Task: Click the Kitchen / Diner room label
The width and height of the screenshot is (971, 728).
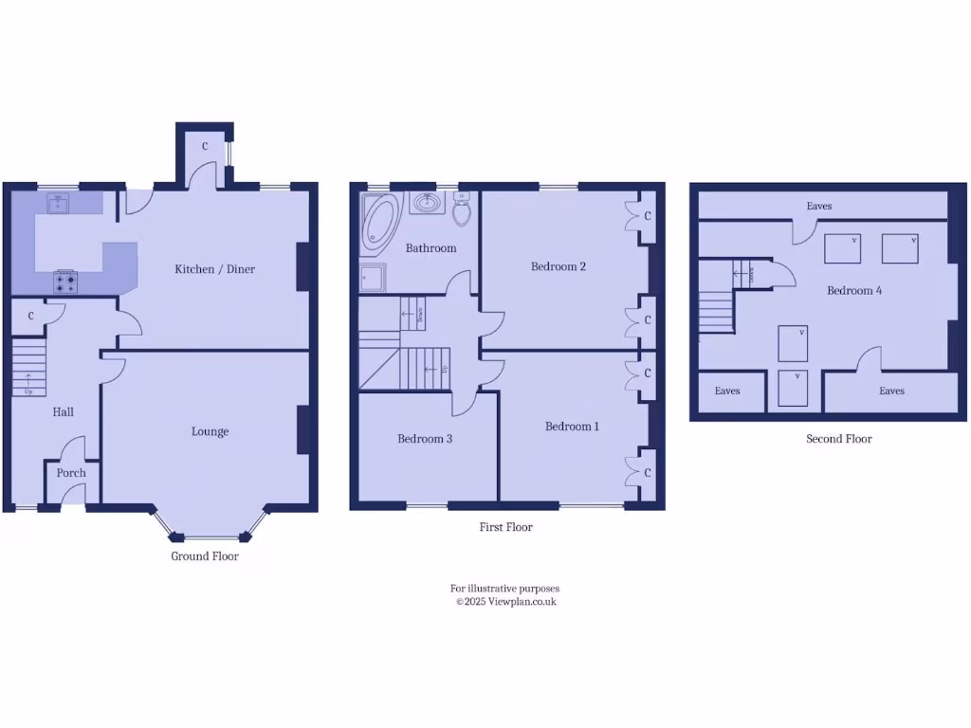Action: [x=214, y=269]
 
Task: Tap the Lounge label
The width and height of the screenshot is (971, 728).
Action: [x=210, y=431]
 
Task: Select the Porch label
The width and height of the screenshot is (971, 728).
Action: [x=71, y=473]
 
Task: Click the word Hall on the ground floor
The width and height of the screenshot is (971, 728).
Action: [x=63, y=411]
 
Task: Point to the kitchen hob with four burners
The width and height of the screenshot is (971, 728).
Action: [x=66, y=280]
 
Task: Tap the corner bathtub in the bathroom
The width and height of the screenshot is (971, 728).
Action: [x=380, y=224]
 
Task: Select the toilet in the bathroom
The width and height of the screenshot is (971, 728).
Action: [x=462, y=209]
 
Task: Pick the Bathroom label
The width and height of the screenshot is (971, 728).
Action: [x=431, y=248]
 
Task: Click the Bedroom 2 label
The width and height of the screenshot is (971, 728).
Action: [x=559, y=266]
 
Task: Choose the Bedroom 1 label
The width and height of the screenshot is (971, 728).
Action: [x=572, y=427]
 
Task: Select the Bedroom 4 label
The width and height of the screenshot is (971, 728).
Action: [x=854, y=290]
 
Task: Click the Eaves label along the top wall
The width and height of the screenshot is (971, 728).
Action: [x=820, y=206]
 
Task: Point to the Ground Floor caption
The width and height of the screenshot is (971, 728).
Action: [x=205, y=556]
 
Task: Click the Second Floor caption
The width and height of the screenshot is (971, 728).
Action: [x=839, y=439]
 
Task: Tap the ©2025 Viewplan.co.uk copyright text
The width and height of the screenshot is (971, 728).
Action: [x=505, y=601]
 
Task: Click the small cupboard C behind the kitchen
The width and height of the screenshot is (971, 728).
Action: [x=205, y=147]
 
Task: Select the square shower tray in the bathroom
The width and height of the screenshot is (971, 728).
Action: [x=372, y=279]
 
